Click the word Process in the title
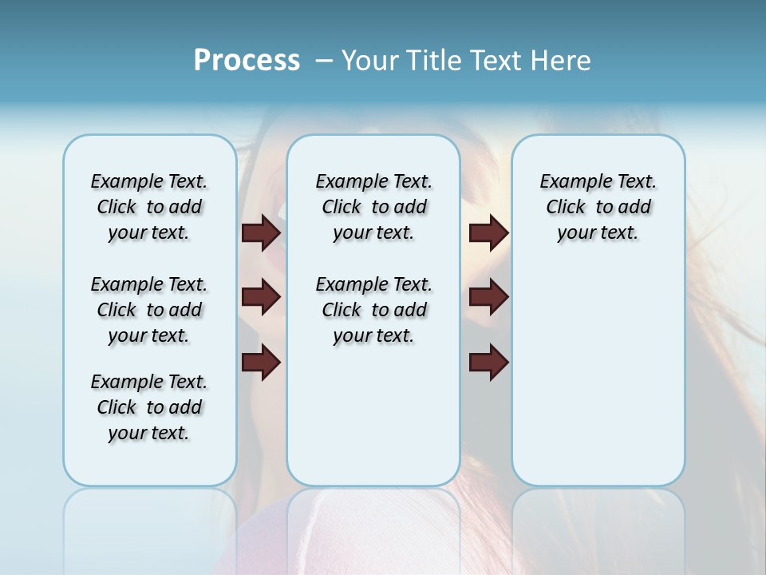point(247,60)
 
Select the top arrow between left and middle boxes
point(261,232)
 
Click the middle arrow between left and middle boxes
point(261,297)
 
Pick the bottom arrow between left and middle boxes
point(261,363)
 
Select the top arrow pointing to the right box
point(488,232)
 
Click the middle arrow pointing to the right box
point(488,297)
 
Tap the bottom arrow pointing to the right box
point(488,363)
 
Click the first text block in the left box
point(149,207)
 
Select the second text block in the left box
point(149,310)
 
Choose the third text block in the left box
point(149,407)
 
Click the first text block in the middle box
point(373,207)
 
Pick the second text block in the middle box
point(373,310)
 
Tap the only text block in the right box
point(598,207)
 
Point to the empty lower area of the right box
point(598,375)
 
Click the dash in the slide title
point(324,61)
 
